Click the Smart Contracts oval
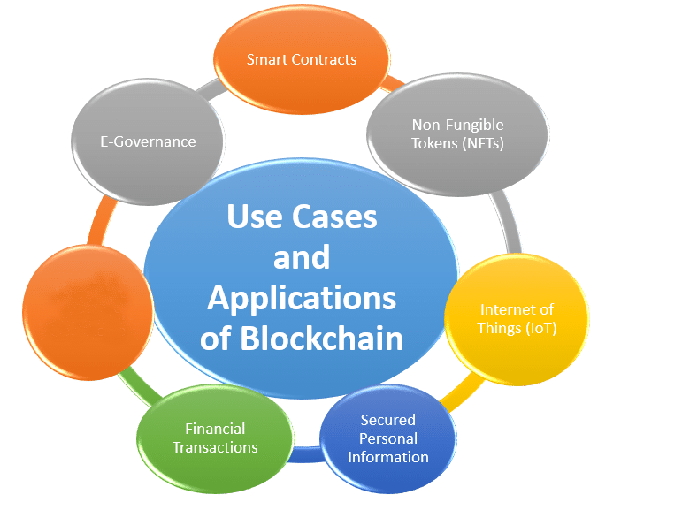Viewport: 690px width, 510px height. pyautogui.click(x=302, y=60)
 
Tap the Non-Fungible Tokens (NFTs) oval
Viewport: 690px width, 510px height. pyautogui.click(x=457, y=133)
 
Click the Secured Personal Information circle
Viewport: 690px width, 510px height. pyautogui.click(x=387, y=438)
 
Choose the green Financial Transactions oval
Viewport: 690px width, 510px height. pyautogui.click(x=215, y=438)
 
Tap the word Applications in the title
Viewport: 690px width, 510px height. pyautogui.click(x=301, y=298)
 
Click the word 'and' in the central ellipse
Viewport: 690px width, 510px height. pyautogui.click(x=301, y=257)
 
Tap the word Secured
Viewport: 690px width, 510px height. pyautogui.click(x=387, y=420)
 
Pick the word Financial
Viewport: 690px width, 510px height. pyautogui.click(x=215, y=430)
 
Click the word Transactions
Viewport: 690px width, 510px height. pyautogui.click(x=215, y=447)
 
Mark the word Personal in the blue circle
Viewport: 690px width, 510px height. pyautogui.click(x=387, y=438)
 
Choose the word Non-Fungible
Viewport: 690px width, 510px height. pyautogui.click(x=457, y=125)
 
